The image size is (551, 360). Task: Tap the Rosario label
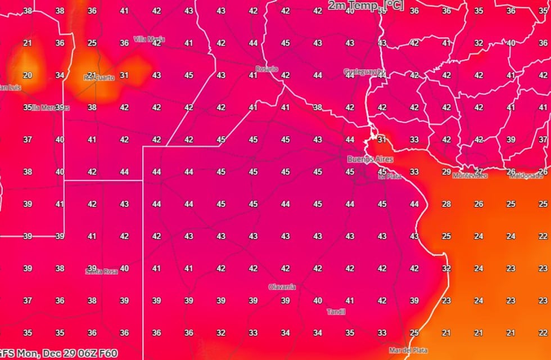pyautogui.click(x=267, y=69)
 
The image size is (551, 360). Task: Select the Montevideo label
pyautogui.click(x=470, y=175)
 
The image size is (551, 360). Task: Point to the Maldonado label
pyautogui.click(x=526, y=175)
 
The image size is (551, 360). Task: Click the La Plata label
pyautogui.click(x=389, y=176)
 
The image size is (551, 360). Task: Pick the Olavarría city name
pyautogui.click(x=282, y=287)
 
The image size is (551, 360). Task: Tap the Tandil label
pyautogui.click(x=336, y=312)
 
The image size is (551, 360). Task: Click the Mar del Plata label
pyautogui.click(x=408, y=350)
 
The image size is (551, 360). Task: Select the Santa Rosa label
pyautogui.click(x=101, y=271)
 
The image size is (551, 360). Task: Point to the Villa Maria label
pyautogui.click(x=150, y=39)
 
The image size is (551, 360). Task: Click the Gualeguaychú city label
pyautogui.click(x=364, y=71)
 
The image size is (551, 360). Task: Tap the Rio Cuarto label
pyautogui.click(x=99, y=78)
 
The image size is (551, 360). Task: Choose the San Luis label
pyautogui.click(x=10, y=87)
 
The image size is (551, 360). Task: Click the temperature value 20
pyautogui.click(x=28, y=75)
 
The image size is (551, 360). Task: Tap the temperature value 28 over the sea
pyautogui.click(x=446, y=204)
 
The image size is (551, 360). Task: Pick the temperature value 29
pyautogui.click(x=446, y=172)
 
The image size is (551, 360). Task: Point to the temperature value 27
pyautogui.click(x=478, y=172)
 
